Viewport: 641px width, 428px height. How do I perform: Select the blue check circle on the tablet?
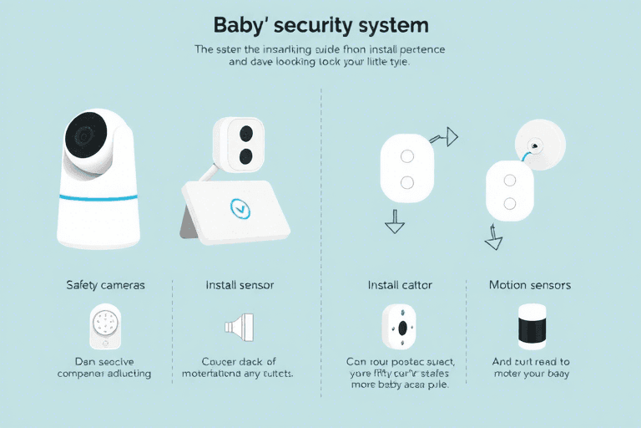click(x=240, y=207)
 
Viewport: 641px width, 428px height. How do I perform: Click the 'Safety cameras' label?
click(x=105, y=285)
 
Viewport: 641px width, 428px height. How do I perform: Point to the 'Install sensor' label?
click(x=240, y=285)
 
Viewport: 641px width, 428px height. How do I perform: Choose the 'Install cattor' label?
click(x=400, y=285)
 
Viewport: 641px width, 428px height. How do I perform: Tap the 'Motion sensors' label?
click(x=530, y=285)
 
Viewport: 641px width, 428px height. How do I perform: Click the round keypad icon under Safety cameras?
click(x=104, y=325)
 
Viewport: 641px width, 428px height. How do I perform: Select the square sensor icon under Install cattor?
click(x=401, y=325)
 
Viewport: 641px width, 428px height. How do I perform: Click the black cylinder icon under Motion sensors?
click(x=531, y=327)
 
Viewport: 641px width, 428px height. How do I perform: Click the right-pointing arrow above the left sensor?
click(x=451, y=135)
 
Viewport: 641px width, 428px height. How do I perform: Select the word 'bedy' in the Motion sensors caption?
click(x=555, y=374)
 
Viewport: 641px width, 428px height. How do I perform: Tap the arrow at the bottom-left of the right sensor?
click(x=494, y=242)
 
